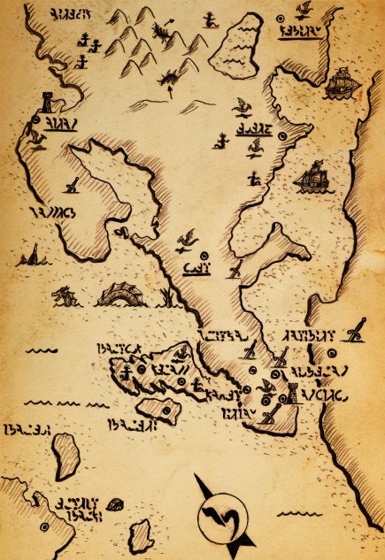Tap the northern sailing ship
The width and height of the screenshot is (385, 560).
pyautogui.click(x=342, y=85)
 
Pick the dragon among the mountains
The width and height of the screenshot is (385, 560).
pyautogui.click(x=163, y=34)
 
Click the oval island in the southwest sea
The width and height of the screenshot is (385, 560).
pyautogui.click(x=66, y=453)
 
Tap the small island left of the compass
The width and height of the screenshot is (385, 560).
pyautogui.click(x=137, y=534)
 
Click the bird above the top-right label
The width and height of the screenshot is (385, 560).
pyautogui.click(x=304, y=11)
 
